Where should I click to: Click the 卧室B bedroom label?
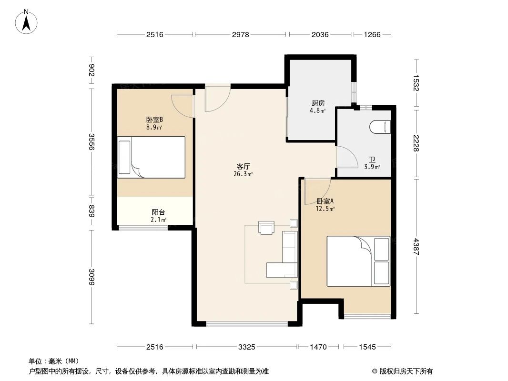(x=155, y=120)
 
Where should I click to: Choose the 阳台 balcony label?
(x=158, y=212)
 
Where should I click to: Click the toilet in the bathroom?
(x=380, y=127)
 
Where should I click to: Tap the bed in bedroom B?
(x=152, y=157)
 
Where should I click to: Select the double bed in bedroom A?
(x=358, y=261)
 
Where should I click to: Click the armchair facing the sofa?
(x=266, y=228)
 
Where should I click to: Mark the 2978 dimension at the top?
(x=241, y=35)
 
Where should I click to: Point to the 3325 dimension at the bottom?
(x=246, y=347)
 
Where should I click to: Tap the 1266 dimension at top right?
(x=372, y=35)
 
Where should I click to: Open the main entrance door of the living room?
(x=217, y=98)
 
